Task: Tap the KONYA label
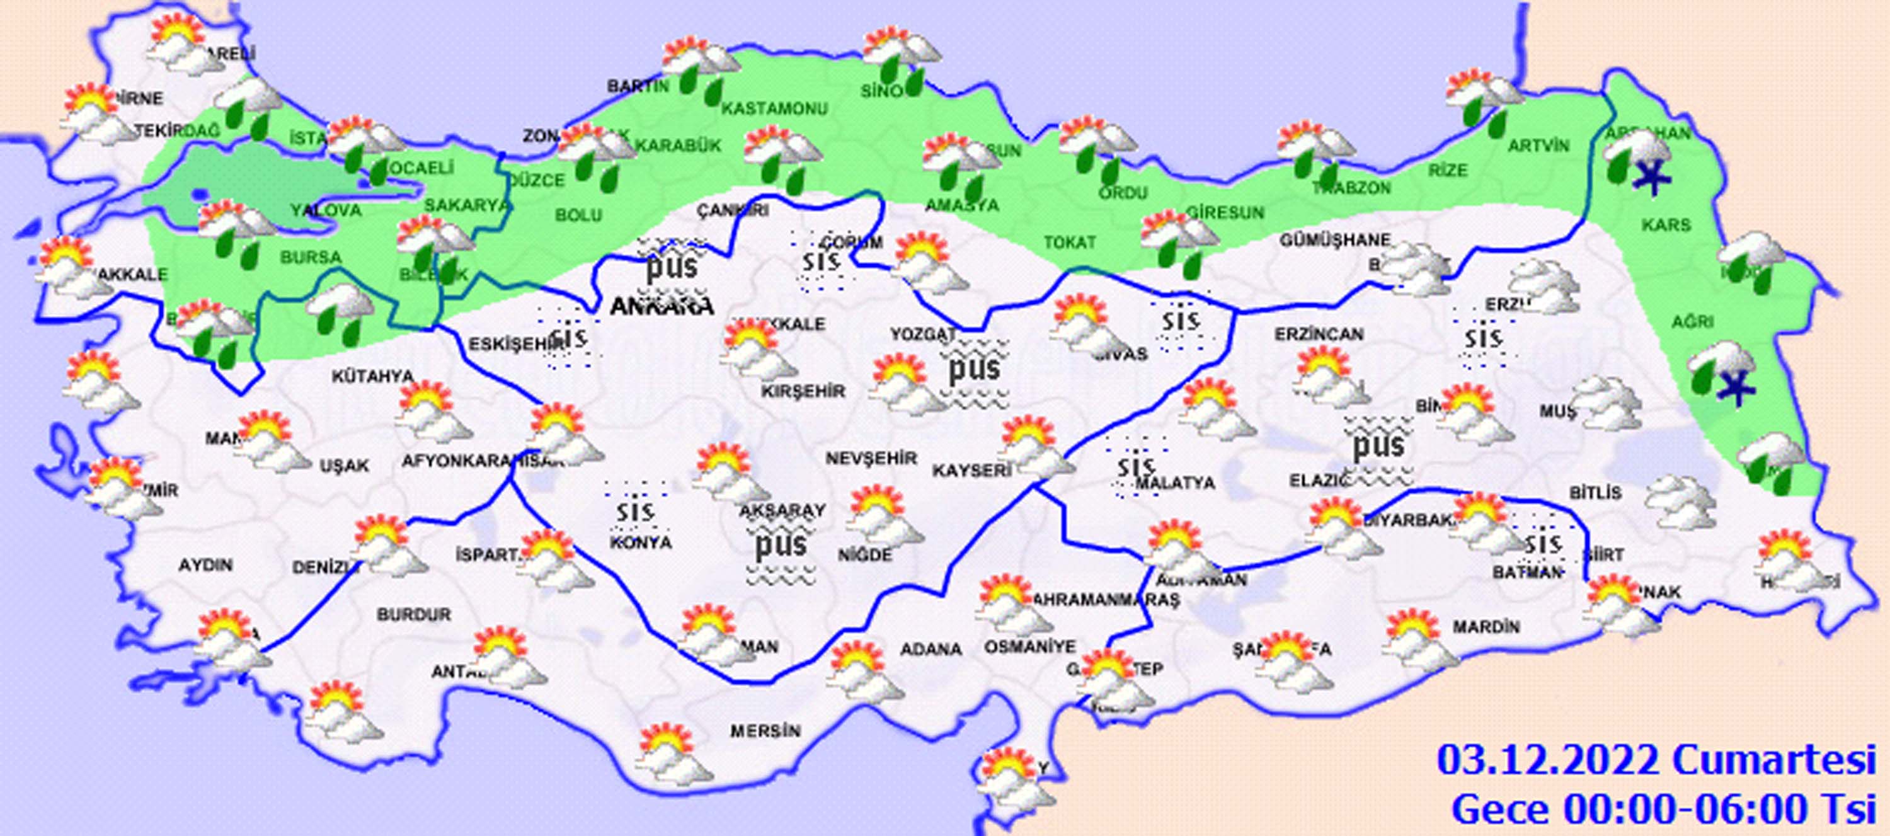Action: pos(641,542)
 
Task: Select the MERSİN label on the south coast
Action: pos(765,731)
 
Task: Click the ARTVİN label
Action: pos(1538,146)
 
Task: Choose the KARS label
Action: pos(1666,225)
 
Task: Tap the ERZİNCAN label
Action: pos(1319,335)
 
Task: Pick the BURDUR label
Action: pos(414,614)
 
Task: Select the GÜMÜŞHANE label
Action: pos(1334,240)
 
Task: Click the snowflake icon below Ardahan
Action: pos(1651,178)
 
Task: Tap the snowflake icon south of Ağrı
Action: pos(1738,387)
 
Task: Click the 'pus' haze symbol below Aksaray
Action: pos(781,547)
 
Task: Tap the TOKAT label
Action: pos(1070,242)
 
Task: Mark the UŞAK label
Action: pos(344,466)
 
